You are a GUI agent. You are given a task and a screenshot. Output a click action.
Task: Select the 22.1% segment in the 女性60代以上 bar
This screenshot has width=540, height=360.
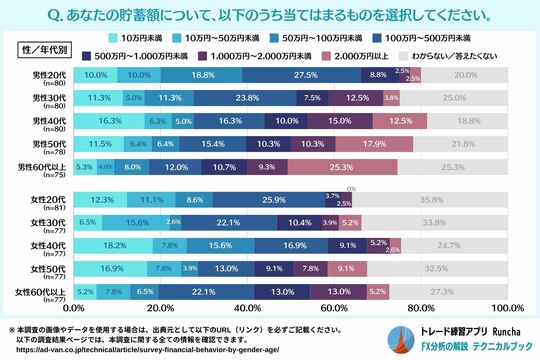click(229, 291)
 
